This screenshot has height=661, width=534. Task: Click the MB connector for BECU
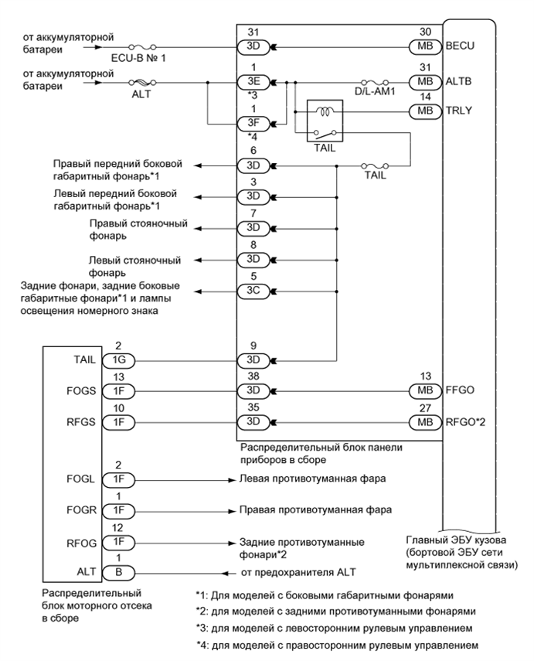(x=423, y=46)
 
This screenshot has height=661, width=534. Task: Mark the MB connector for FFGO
(x=423, y=391)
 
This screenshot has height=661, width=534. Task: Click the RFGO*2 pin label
(x=465, y=423)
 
